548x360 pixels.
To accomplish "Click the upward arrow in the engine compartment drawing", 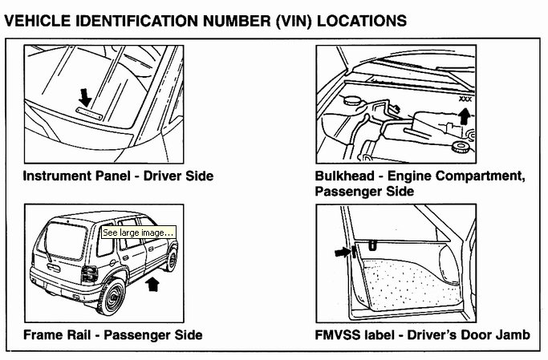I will [x=463, y=118].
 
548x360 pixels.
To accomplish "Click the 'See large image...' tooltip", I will [x=138, y=233].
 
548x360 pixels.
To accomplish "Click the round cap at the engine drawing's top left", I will [x=350, y=102].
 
